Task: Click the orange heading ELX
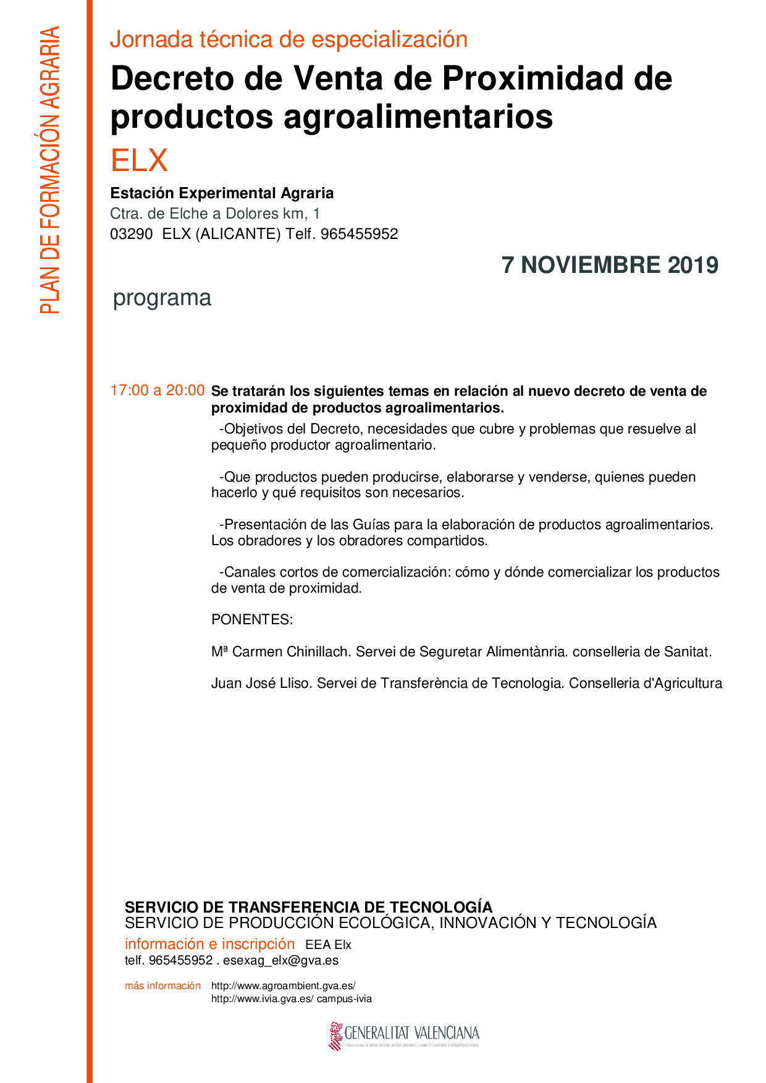pyautogui.click(x=139, y=161)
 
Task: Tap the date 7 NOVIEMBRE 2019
pyautogui.click(x=610, y=265)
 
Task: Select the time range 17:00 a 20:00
pyautogui.click(x=157, y=390)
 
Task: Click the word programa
pyautogui.click(x=162, y=298)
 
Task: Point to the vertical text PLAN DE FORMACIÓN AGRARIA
pyautogui.click(x=50, y=170)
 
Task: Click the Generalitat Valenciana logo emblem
pyautogui.click(x=335, y=1035)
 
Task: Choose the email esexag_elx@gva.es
pyautogui.click(x=280, y=960)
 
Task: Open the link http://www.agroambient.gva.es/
pyautogui.click(x=283, y=985)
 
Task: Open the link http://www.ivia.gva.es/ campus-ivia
pyautogui.click(x=291, y=998)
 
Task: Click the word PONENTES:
pyautogui.click(x=252, y=619)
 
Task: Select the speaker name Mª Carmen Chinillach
pyautogui.click(x=281, y=651)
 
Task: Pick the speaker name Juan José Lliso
pyautogui.click(x=262, y=683)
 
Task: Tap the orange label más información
pyautogui.click(x=162, y=985)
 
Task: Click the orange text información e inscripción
pyautogui.click(x=209, y=943)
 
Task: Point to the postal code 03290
pyautogui.click(x=131, y=234)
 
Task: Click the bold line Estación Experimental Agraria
pyautogui.click(x=222, y=193)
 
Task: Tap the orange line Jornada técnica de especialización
pyautogui.click(x=288, y=40)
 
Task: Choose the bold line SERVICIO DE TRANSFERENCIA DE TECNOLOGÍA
pyautogui.click(x=308, y=907)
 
